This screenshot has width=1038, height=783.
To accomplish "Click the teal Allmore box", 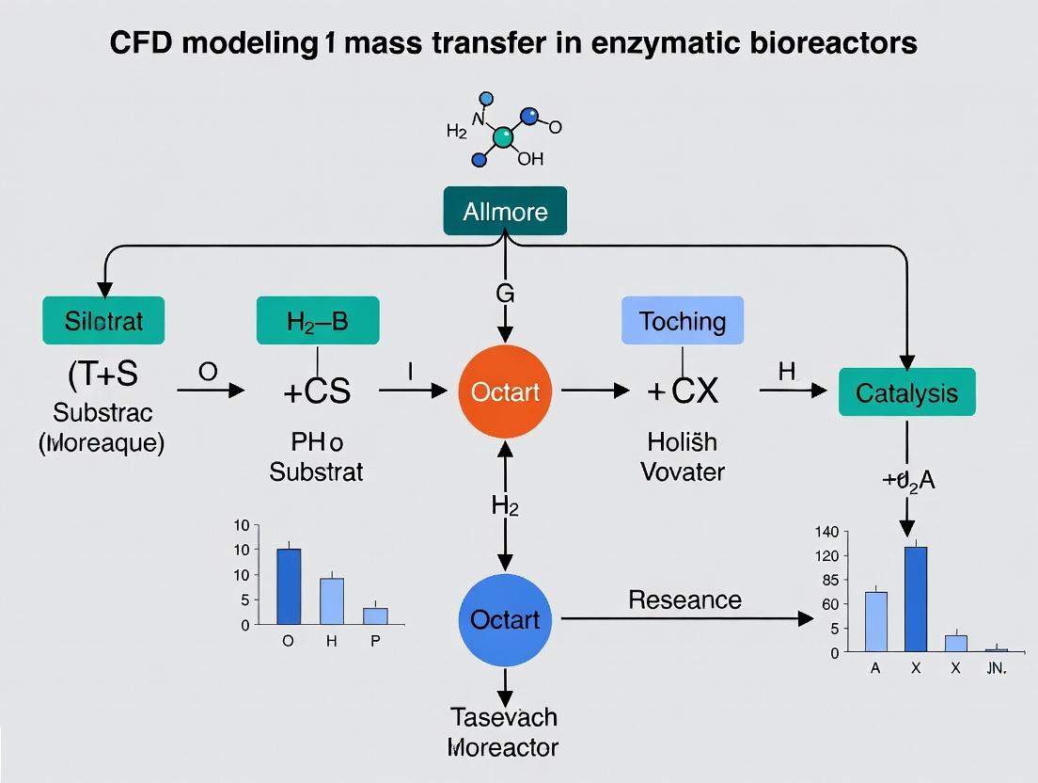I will (x=505, y=211).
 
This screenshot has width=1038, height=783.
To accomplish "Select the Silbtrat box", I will (x=103, y=320).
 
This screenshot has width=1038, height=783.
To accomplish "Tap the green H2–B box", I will (x=317, y=320).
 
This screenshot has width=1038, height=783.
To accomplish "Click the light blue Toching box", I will (x=683, y=320).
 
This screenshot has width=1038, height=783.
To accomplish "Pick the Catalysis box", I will (x=906, y=392).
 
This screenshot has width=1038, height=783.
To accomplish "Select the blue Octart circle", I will (x=506, y=618).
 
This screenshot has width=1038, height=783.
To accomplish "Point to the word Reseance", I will (x=684, y=599).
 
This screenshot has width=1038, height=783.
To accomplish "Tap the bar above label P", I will (x=375, y=615).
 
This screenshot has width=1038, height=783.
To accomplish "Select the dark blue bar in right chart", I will (x=915, y=599).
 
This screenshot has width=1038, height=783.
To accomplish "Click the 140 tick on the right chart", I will (x=826, y=532).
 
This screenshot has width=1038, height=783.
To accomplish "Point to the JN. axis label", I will (x=996, y=669).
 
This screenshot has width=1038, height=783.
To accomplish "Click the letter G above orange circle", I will (x=505, y=294).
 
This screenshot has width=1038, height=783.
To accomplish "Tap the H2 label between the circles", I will (x=505, y=505).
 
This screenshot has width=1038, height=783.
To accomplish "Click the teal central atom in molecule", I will (x=503, y=138).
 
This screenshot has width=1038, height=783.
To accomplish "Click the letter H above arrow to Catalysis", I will (x=787, y=371).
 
